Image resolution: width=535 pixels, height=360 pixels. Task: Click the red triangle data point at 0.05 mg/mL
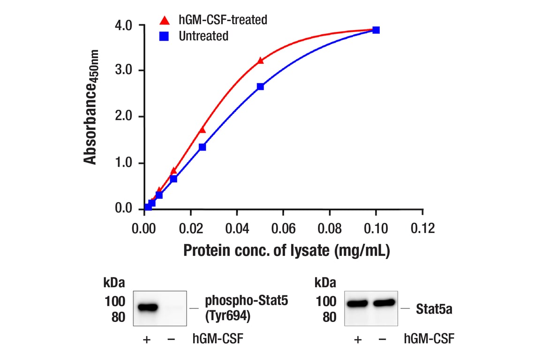(260, 60)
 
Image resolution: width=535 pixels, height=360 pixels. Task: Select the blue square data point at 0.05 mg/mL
(260, 87)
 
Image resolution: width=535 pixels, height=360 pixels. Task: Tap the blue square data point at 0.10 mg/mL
(376, 30)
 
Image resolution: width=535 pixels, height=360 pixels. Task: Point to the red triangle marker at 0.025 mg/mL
(203, 129)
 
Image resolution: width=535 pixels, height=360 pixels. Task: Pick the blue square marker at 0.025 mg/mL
(202, 147)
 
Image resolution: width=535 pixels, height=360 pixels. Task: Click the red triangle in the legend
(164, 21)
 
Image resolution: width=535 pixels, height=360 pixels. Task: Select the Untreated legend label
(203, 36)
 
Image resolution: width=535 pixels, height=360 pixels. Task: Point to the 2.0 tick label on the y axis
(124, 117)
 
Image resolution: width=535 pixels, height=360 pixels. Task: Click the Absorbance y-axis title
(90, 107)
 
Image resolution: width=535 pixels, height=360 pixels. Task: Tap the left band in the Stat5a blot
(358, 304)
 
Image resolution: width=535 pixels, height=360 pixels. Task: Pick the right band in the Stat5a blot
(384, 303)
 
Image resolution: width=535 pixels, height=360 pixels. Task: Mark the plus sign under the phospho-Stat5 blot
(146, 339)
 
